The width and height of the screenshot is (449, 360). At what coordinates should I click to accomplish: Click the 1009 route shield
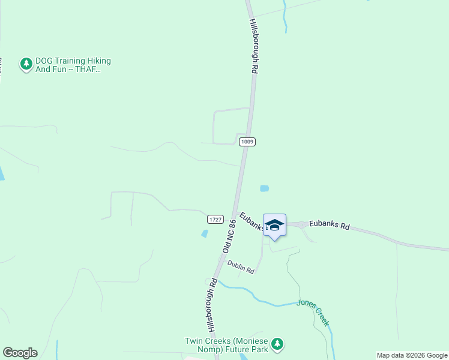[247, 142]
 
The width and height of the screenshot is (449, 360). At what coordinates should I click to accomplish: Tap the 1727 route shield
[216, 220]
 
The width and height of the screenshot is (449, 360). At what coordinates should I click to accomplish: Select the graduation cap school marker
[274, 226]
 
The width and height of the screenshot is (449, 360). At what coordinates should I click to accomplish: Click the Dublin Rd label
[240, 267]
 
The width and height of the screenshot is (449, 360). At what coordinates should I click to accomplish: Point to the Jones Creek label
[313, 312]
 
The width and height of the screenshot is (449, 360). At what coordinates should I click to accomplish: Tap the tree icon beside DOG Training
[26, 64]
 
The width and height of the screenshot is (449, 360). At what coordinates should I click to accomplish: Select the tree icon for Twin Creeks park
[277, 344]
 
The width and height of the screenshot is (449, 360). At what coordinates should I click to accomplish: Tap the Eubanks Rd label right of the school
[329, 226]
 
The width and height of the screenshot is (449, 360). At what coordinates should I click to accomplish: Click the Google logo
[20, 353]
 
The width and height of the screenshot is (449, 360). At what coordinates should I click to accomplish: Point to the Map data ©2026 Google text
[412, 355]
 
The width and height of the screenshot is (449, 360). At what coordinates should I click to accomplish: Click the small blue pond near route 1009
[264, 188]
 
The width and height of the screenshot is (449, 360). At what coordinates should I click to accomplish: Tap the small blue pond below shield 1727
[205, 233]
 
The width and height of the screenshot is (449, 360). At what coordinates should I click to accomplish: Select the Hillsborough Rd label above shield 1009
[254, 46]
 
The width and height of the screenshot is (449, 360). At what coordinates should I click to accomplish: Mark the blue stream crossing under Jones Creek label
[282, 305]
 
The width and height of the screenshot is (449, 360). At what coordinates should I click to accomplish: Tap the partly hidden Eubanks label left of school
[251, 221]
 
